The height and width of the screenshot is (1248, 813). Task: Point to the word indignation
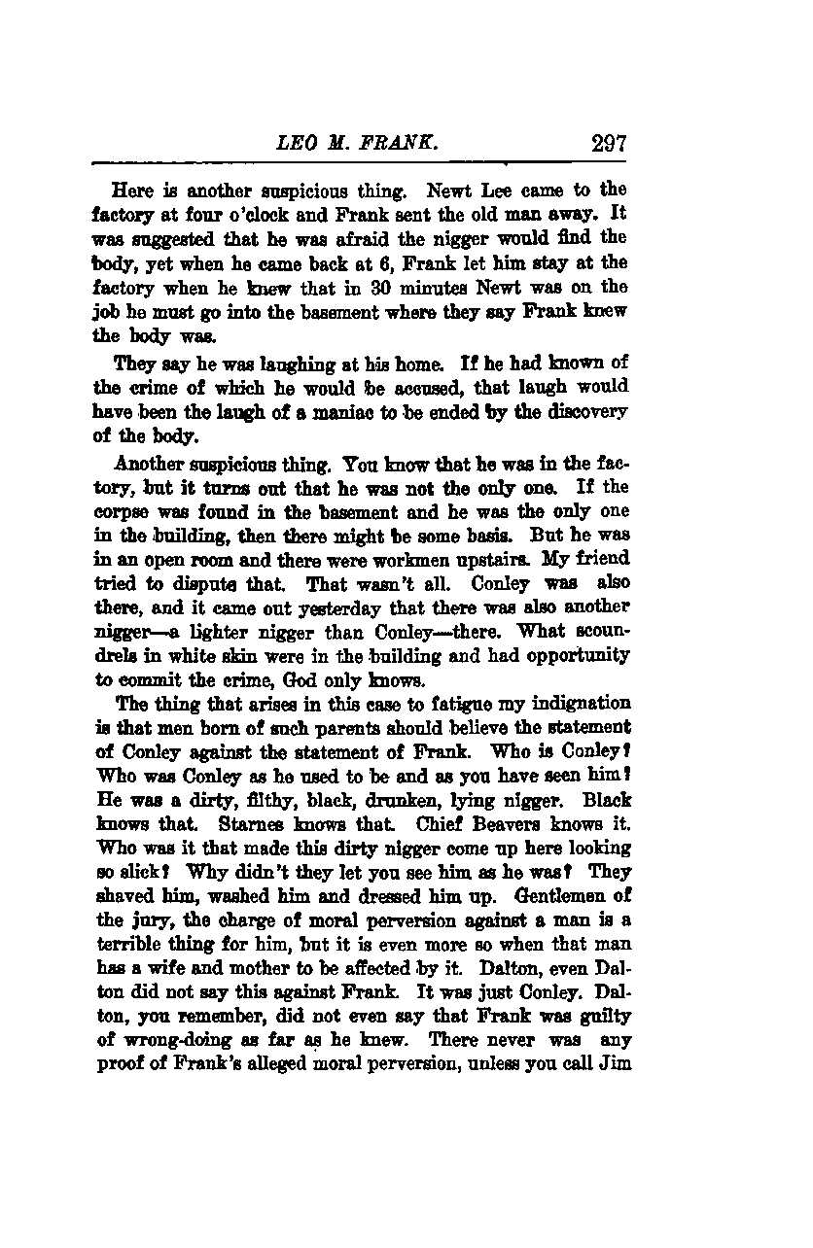(580, 704)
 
